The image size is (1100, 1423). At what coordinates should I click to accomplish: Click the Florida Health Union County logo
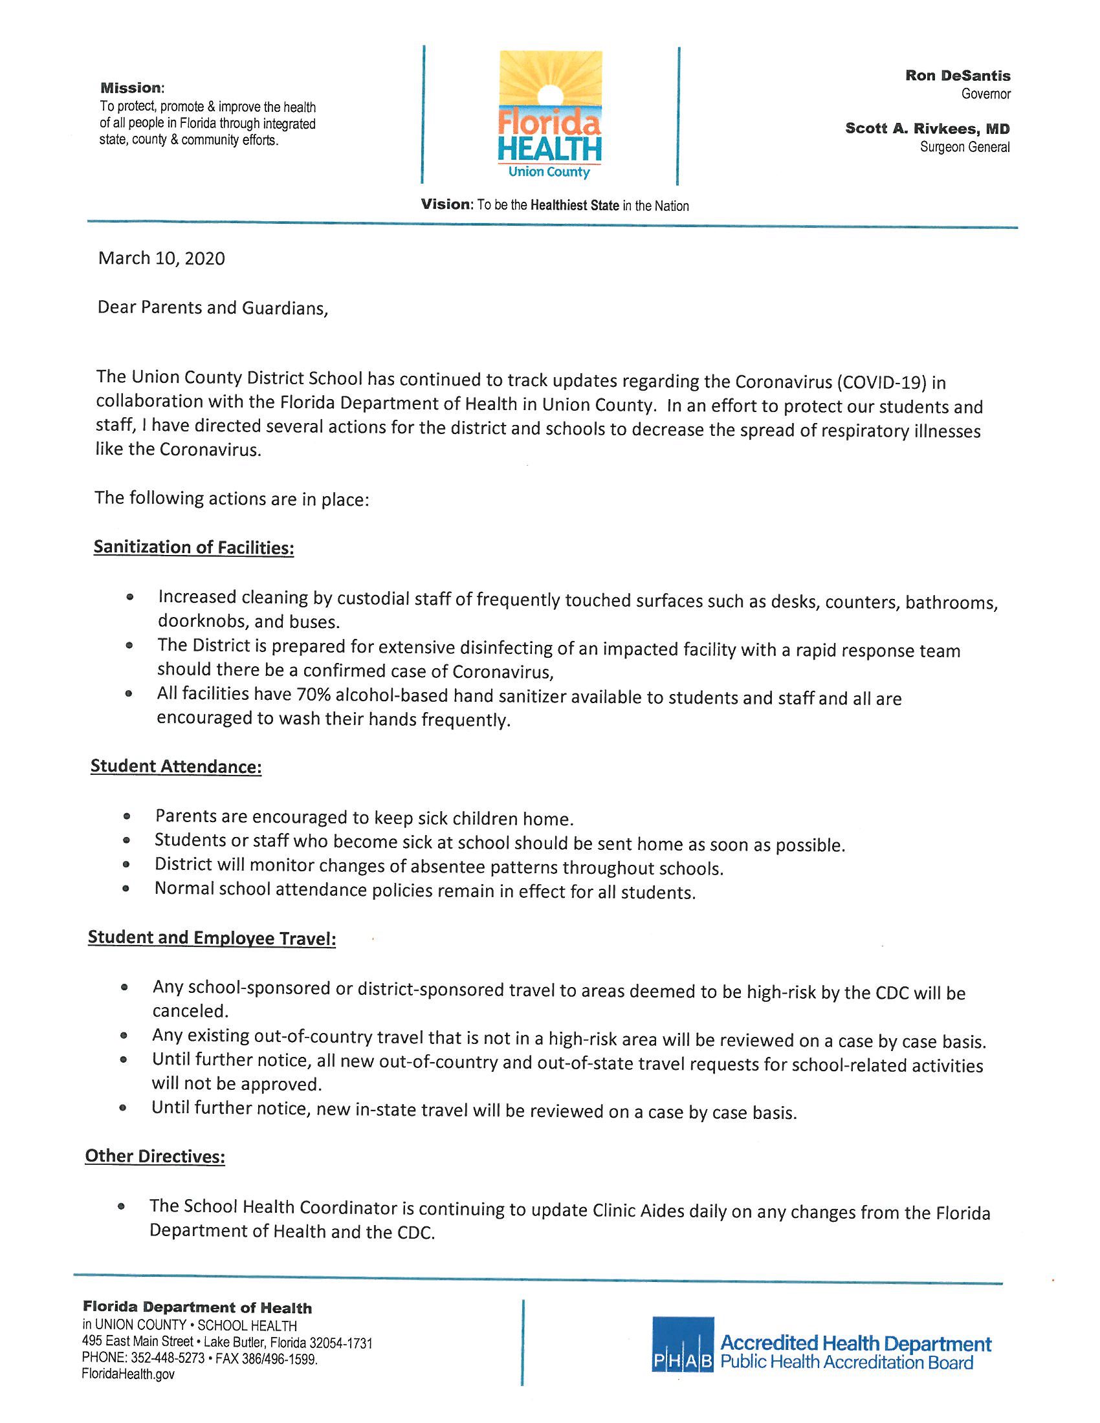549,115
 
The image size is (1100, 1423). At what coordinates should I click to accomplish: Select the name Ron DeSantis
957,76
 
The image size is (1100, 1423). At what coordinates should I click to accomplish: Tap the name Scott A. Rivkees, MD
927,128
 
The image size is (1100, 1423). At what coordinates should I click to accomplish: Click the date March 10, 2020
162,259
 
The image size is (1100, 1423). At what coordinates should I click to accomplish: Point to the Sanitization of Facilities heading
193,547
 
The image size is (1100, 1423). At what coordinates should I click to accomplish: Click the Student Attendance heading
176,766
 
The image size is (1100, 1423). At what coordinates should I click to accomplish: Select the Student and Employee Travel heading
212,939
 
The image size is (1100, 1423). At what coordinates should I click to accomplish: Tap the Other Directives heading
155,1157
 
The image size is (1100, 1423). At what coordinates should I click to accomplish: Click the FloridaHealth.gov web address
128,1373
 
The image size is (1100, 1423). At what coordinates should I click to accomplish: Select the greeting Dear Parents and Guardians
212,307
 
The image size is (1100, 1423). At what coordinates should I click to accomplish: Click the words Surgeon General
965,147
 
